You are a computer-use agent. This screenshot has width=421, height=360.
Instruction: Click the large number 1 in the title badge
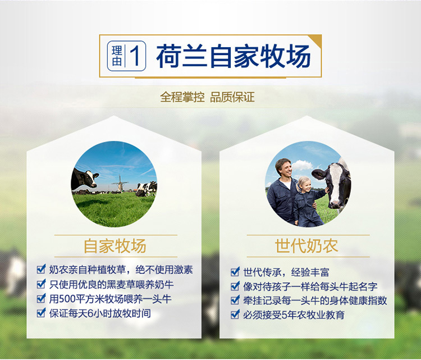(x=135, y=56)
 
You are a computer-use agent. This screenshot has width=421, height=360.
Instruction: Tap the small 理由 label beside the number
(x=117, y=56)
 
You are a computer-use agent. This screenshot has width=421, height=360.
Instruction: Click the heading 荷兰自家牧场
(x=234, y=56)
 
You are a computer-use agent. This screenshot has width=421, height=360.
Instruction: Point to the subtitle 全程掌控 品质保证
(x=207, y=97)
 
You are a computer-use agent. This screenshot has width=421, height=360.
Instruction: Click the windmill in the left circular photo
(x=120, y=184)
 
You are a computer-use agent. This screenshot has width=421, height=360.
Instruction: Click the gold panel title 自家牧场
(x=115, y=246)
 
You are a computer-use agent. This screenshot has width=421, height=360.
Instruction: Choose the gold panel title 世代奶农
(x=306, y=246)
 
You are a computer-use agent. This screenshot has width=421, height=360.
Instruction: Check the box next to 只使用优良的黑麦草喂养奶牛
(x=41, y=284)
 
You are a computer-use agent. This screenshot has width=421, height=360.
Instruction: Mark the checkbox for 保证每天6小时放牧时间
(x=41, y=312)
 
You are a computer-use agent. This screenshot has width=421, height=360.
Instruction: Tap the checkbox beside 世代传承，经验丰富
(x=235, y=271)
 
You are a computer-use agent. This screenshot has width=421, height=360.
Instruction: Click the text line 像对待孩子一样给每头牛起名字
(x=310, y=286)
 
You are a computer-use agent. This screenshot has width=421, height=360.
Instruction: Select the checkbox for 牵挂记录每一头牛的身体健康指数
(x=235, y=300)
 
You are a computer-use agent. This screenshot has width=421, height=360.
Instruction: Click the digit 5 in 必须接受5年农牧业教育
(x=285, y=315)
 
